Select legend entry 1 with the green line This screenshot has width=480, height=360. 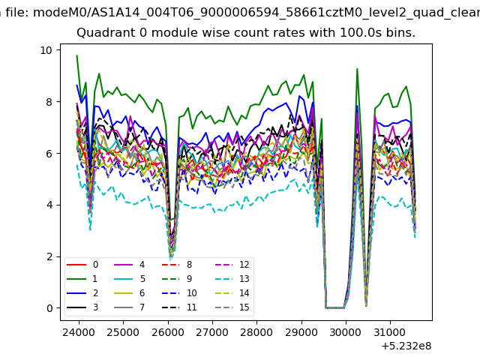(x=82, y=279)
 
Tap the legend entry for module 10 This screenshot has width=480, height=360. (x=179, y=293)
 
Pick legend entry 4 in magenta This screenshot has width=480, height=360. (x=129, y=265)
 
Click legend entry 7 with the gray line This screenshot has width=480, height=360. (x=129, y=307)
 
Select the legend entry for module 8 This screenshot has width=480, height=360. (x=177, y=265)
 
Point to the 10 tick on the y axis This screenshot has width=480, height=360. (x=46, y=50)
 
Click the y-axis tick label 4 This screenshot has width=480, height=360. (x=49, y=205)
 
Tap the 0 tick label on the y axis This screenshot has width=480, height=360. (x=49, y=308)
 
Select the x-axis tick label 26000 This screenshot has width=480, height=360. (x=168, y=332)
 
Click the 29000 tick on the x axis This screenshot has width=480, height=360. (x=301, y=332)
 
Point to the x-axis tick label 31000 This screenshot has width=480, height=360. (x=390, y=332)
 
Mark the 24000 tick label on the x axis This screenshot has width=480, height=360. (x=79, y=332)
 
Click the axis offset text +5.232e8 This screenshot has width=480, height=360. (x=406, y=346)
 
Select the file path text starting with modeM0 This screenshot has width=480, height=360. (x=256, y=13)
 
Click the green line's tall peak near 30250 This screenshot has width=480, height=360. (x=357, y=69)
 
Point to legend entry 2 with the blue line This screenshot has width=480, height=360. (x=82, y=293)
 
